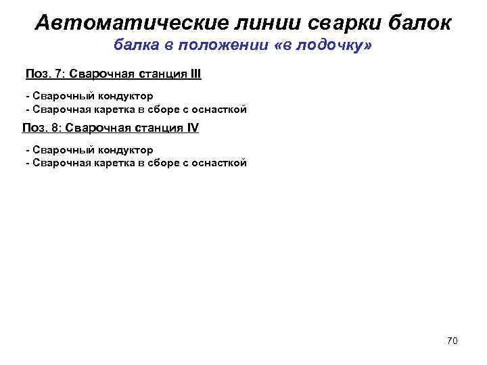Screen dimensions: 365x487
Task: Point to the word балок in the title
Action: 417,23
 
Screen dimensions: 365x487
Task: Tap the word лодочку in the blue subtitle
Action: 328,47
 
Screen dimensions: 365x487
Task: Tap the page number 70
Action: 453,341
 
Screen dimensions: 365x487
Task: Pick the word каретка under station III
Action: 112,109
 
